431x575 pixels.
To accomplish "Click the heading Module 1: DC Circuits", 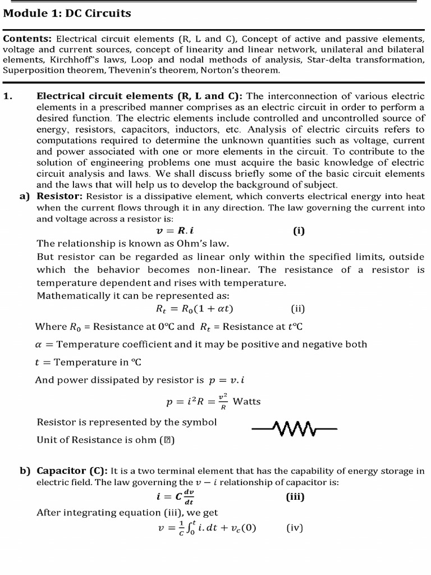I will click(x=67, y=13).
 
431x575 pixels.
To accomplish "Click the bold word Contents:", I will click(x=27, y=39).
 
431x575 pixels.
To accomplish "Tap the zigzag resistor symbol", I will click(x=294, y=430).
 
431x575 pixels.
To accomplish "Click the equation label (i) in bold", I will click(x=299, y=231).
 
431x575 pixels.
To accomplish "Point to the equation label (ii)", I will click(x=298, y=308).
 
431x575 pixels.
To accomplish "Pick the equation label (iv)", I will click(x=295, y=527).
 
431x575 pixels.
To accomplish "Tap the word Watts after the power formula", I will click(x=246, y=401).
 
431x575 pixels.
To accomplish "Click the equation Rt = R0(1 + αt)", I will click(x=194, y=308).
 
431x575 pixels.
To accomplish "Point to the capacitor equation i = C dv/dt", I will click(x=176, y=497).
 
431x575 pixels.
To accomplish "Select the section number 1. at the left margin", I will click(x=8, y=96).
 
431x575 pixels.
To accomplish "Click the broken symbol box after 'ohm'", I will click(x=167, y=440).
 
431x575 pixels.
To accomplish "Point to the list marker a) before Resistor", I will click(x=24, y=196).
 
